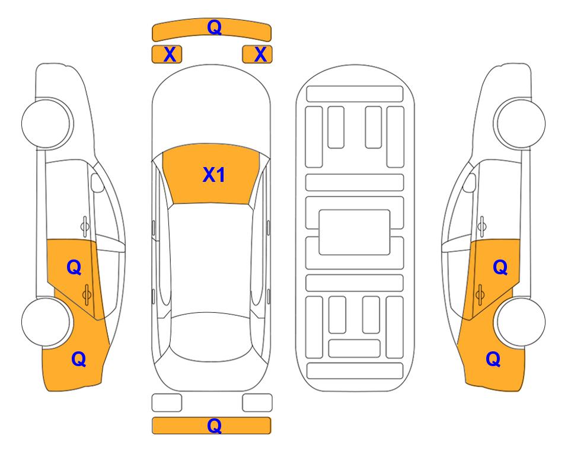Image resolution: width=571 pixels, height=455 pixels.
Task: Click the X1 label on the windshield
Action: (214, 175)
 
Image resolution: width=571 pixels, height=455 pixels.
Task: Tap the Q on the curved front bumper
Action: (214, 27)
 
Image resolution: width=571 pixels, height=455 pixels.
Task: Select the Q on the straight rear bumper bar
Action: (214, 425)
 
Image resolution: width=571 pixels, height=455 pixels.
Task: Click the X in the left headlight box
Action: (170, 55)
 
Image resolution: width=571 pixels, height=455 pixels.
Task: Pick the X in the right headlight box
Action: (260, 55)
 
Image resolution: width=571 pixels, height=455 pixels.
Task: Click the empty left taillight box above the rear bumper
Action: (167, 403)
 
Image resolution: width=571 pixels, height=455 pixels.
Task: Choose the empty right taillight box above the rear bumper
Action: (257, 403)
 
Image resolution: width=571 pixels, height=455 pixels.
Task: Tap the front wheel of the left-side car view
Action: (46, 123)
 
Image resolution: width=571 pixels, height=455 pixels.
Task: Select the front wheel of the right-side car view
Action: (521, 123)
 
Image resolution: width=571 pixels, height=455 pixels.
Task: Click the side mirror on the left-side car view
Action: (97, 182)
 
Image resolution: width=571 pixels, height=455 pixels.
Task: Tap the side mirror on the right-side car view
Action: (470, 182)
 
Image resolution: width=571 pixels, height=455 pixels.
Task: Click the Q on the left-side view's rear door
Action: (74, 268)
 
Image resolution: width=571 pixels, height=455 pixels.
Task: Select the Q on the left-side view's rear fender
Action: (79, 359)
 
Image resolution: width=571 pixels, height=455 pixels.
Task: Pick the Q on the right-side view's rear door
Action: (500, 268)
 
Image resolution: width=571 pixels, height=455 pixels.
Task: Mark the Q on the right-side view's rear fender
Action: (493, 359)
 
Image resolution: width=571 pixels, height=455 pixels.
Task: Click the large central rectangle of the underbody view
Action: (355, 232)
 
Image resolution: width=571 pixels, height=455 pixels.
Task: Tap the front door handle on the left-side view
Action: (85, 226)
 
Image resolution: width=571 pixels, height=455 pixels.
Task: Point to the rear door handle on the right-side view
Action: (480, 294)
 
